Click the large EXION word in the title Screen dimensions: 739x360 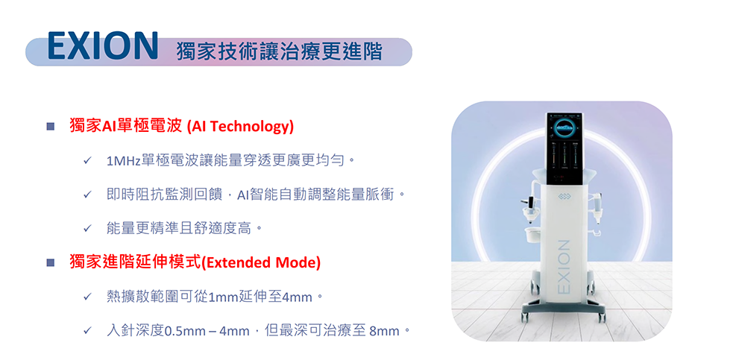[103, 46]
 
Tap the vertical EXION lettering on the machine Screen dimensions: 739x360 [563, 267]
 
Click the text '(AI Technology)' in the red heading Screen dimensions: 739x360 [240, 127]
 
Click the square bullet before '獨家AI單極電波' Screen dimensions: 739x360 [51, 127]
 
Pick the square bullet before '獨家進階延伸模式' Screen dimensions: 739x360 [51, 262]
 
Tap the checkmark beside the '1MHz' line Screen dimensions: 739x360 [87, 161]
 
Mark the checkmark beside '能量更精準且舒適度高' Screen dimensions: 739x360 [87, 230]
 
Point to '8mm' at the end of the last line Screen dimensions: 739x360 [385, 332]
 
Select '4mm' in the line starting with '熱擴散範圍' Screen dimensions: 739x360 [298, 298]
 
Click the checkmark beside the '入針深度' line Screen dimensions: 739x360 [87, 331]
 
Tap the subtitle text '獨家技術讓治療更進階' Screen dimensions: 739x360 [279, 51]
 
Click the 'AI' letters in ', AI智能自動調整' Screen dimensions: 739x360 [242, 195]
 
